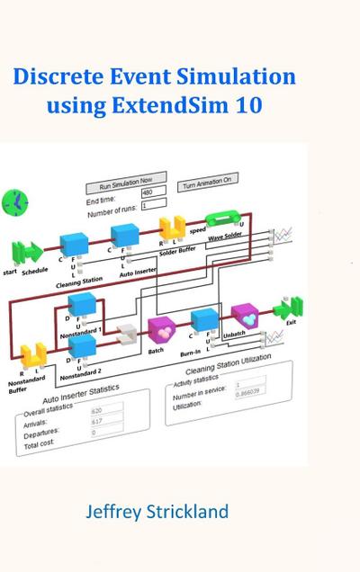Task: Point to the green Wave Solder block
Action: click(222, 220)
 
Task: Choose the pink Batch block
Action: click(161, 331)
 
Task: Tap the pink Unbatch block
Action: click(245, 315)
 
